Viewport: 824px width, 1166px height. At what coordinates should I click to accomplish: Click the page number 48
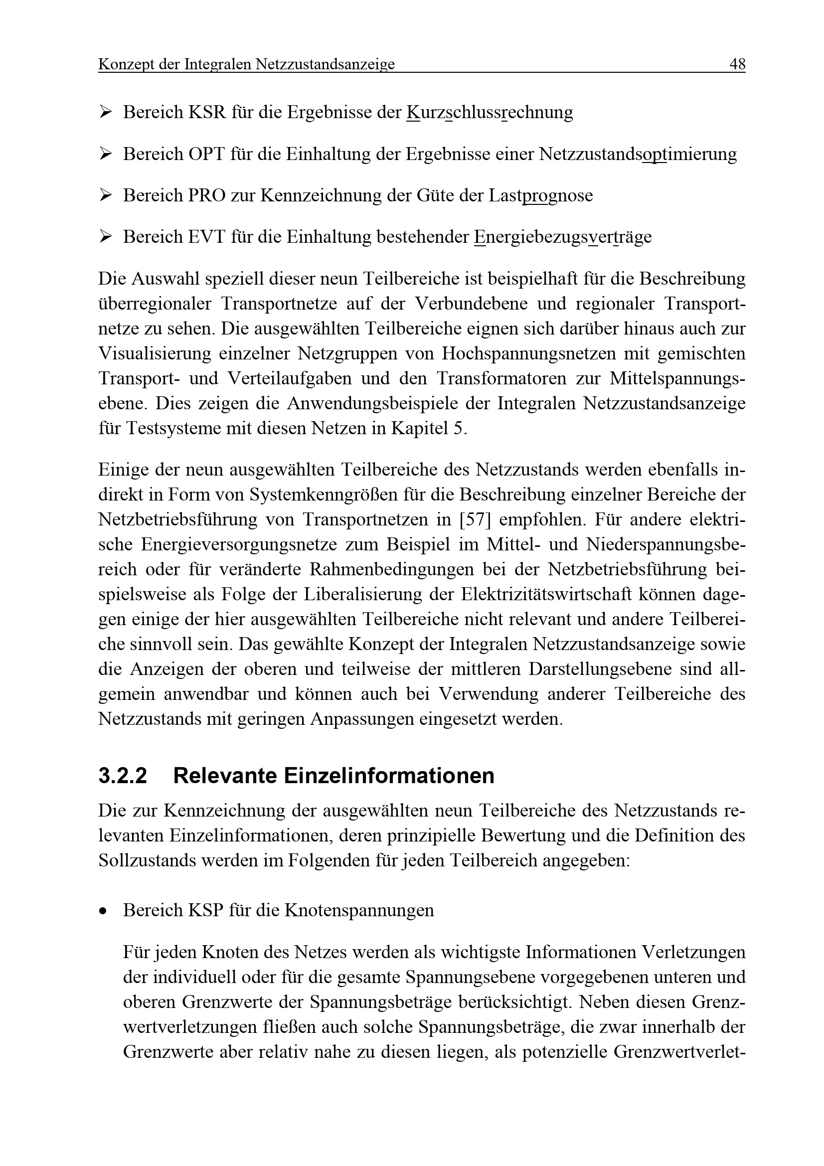737,64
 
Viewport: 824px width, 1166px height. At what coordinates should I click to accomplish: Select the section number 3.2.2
122,776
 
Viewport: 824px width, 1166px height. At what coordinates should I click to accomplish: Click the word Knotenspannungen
359,910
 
